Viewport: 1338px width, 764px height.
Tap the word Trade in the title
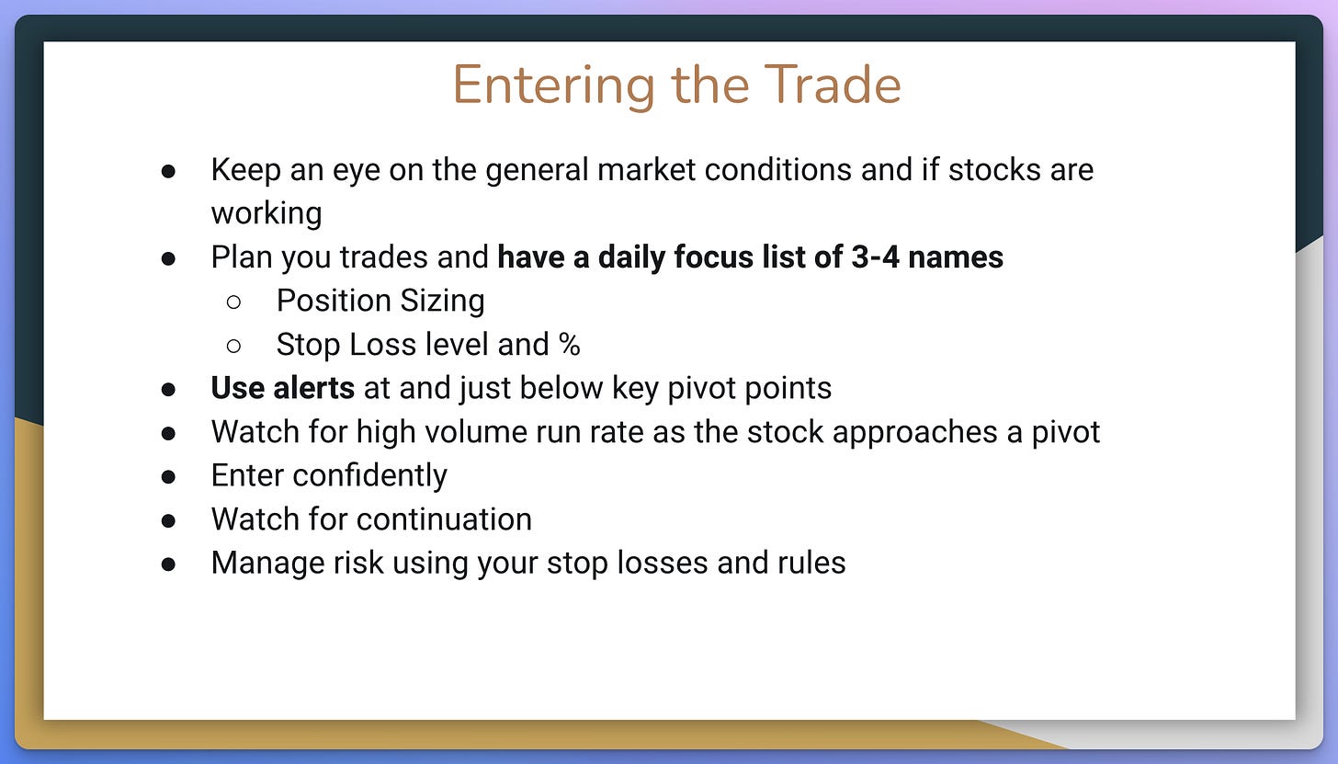tap(832, 85)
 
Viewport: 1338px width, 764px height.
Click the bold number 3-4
tap(875, 257)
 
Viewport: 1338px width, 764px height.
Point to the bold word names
tap(955, 258)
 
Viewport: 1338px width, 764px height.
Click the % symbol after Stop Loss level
tap(569, 345)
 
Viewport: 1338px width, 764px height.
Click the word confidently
tap(369, 476)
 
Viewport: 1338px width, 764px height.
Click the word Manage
tap(267, 564)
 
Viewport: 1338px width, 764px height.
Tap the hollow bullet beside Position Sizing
tap(233, 302)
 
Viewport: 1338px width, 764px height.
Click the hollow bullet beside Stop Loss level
tap(233, 346)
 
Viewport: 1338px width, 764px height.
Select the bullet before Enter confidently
tap(168, 476)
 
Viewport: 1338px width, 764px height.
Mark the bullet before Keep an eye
tap(168, 172)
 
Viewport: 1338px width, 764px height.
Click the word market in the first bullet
tap(646, 170)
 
